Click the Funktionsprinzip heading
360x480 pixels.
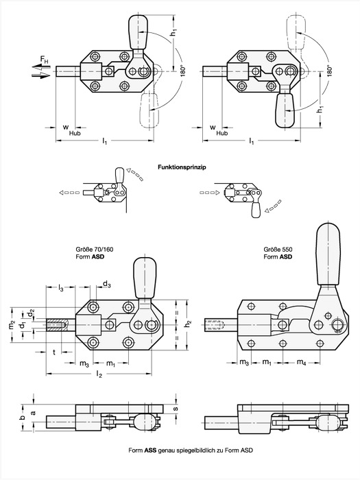point(182,167)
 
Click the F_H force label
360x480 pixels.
point(45,60)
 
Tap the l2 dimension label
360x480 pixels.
point(99,374)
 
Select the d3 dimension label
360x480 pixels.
point(107,285)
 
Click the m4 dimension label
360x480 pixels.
point(301,362)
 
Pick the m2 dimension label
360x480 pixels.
point(12,324)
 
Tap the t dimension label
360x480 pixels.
point(54,352)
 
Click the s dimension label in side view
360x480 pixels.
point(176,409)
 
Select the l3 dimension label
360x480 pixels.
point(60,287)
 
